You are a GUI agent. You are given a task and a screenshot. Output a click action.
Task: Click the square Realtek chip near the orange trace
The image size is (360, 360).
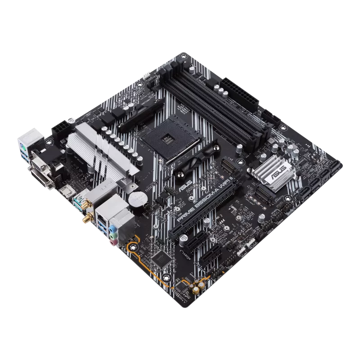pos(158,257)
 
